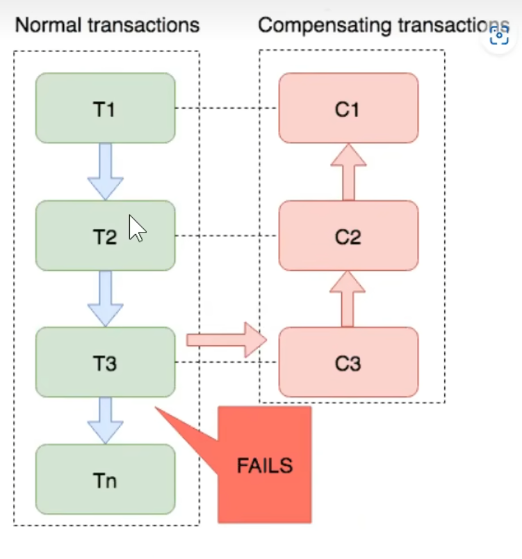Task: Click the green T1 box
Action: (x=105, y=108)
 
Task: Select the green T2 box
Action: (x=83, y=236)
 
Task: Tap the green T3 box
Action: (x=105, y=362)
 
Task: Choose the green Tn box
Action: (x=105, y=480)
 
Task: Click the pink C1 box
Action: (x=348, y=108)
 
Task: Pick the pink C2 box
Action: (x=348, y=236)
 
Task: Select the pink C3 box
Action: (x=348, y=362)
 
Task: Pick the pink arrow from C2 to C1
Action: (x=348, y=171)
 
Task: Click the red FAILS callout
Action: (x=264, y=465)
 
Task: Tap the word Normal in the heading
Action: (x=48, y=26)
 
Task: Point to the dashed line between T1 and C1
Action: (x=227, y=109)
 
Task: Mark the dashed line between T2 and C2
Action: (x=227, y=236)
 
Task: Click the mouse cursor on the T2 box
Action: (x=137, y=228)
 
